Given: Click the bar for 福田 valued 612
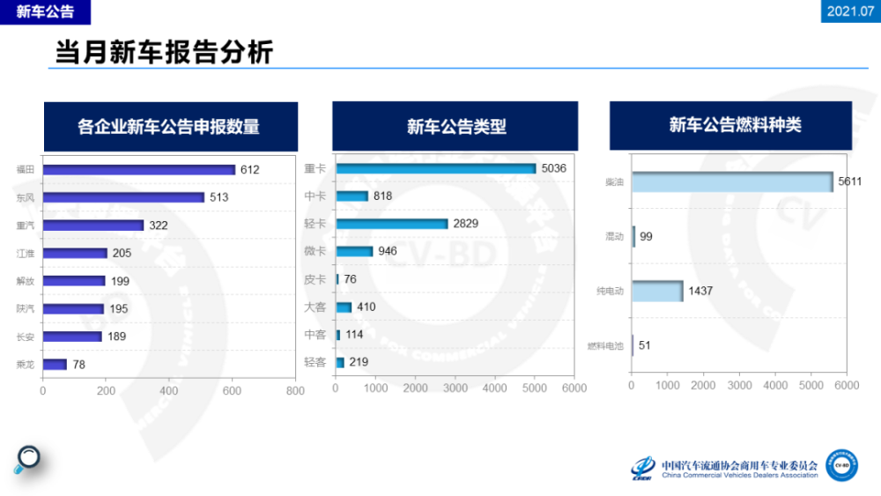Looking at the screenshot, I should (x=139, y=170).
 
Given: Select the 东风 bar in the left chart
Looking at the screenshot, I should (x=123, y=197).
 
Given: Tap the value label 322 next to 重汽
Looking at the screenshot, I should (x=158, y=226).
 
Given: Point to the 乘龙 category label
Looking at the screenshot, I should (x=26, y=364).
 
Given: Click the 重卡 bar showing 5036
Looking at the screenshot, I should (x=436, y=169).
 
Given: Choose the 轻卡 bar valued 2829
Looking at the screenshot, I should (x=392, y=224).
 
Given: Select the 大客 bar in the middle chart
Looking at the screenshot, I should (x=344, y=307).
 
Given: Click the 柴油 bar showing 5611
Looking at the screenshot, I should (x=732, y=181).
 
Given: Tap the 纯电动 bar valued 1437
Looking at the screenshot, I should (x=657, y=291).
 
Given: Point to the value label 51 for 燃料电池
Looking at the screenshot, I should (x=644, y=345).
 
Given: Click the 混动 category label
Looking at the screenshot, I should (x=613, y=237).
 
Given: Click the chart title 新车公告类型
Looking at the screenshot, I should (x=455, y=126).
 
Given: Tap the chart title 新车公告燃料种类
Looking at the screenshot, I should (x=734, y=125).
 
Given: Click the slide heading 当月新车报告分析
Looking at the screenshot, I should (x=164, y=53).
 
